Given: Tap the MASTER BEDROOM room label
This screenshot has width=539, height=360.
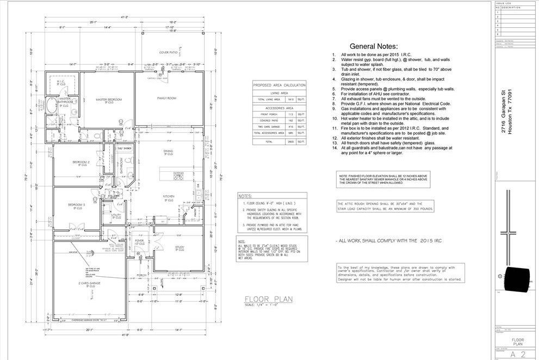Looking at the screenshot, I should click(x=109, y=100).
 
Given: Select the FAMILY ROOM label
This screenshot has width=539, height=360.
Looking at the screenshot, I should click(x=166, y=98).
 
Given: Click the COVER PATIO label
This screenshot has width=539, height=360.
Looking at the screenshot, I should click(x=169, y=53).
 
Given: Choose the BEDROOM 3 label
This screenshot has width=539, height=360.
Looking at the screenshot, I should click(x=76, y=205).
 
